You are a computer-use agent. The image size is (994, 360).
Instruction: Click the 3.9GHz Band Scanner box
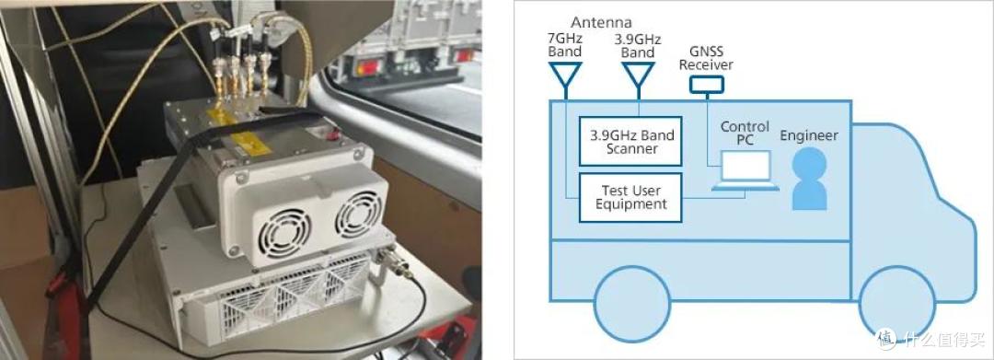coord(630,141)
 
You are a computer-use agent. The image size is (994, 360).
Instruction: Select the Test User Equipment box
coord(630,197)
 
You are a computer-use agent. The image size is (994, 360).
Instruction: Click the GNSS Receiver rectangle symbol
coord(708,83)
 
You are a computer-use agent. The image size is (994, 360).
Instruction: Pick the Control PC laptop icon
coord(745,169)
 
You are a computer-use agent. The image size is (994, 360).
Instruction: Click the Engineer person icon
coord(810,178)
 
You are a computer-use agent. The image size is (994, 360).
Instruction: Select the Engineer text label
coord(809,135)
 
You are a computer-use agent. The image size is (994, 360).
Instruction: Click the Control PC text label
coord(745,134)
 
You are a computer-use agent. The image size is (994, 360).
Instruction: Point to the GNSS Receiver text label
coord(708,59)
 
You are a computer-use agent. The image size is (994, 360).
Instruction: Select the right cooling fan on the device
coord(358,215)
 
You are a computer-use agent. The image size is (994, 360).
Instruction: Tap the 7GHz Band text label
coord(565,45)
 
